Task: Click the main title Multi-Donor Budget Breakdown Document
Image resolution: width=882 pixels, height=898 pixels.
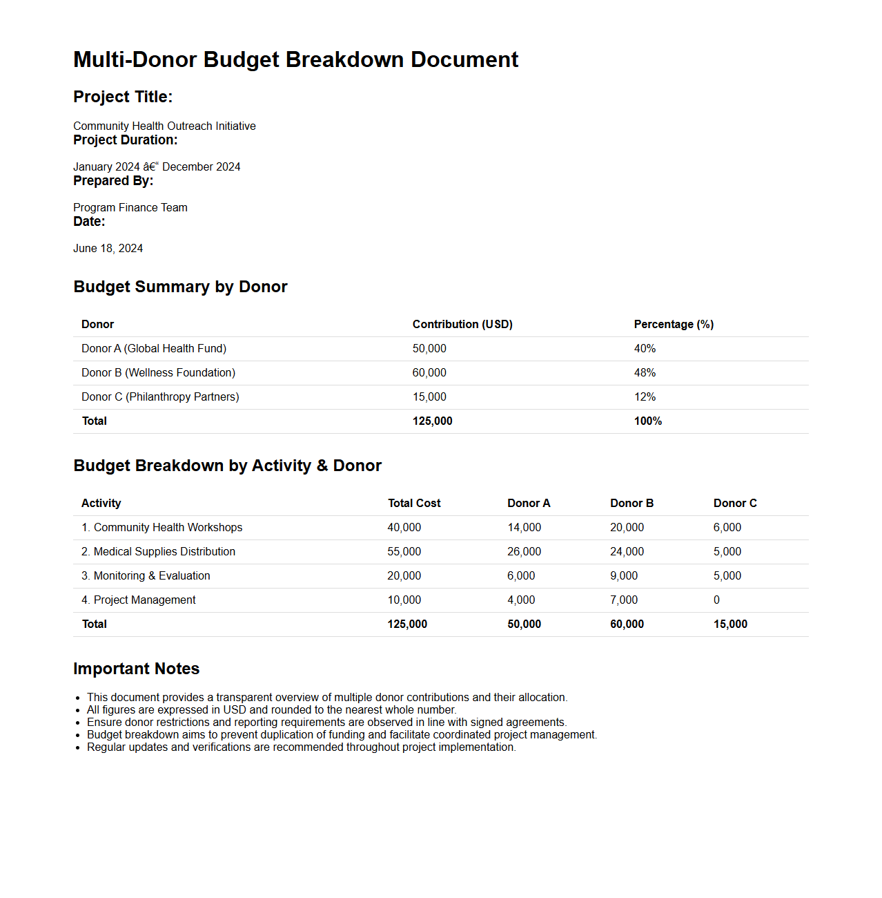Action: (x=295, y=59)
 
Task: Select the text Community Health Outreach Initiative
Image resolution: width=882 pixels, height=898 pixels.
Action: (x=164, y=126)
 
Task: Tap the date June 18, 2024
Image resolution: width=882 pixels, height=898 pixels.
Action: (x=108, y=248)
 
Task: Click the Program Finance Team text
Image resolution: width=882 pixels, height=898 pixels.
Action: (x=130, y=207)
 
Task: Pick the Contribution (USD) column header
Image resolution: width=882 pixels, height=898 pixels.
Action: (x=462, y=324)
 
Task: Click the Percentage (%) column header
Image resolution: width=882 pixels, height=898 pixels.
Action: (x=673, y=324)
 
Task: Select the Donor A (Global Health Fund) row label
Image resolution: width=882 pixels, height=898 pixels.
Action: (x=153, y=348)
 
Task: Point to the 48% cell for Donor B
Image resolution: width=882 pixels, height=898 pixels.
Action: (x=645, y=372)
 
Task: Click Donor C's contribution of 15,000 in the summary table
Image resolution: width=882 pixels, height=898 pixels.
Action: (x=429, y=397)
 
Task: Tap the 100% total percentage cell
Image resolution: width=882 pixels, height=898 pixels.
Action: (x=647, y=421)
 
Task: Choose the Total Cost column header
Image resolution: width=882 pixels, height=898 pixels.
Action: (x=413, y=503)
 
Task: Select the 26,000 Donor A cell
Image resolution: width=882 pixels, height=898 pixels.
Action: (x=524, y=551)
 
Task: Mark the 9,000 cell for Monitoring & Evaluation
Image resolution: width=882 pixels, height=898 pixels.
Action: (x=623, y=575)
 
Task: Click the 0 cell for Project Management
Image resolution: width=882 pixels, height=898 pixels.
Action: (x=716, y=600)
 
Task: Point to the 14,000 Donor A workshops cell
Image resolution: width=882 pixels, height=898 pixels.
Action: (x=524, y=527)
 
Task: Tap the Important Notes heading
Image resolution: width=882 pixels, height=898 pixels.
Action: (x=136, y=669)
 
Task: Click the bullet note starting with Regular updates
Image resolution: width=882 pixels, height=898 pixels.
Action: (x=301, y=747)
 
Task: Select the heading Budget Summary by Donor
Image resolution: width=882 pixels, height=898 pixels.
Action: (x=180, y=287)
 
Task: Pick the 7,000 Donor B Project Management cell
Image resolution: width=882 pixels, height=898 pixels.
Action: (x=623, y=600)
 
